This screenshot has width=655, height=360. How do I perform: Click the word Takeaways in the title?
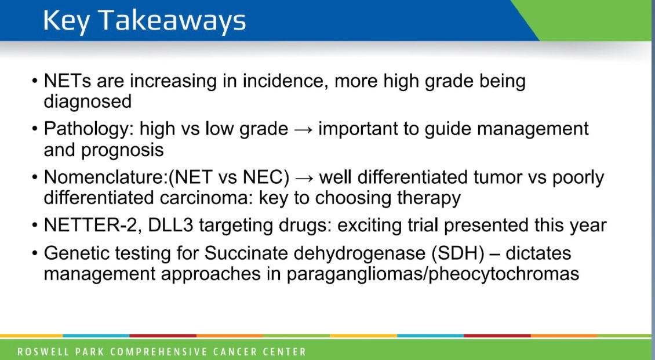tap(172, 21)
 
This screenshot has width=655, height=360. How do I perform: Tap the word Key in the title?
tap(66, 21)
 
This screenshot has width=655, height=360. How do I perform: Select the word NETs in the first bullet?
tap(67, 81)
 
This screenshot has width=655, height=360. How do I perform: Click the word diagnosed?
tap(88, 101)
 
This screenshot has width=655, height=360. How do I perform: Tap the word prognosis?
tap(122, 150)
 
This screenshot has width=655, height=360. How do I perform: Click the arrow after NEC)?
tap(304, 177)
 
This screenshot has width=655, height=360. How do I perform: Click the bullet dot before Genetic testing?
tap(35, 254)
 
